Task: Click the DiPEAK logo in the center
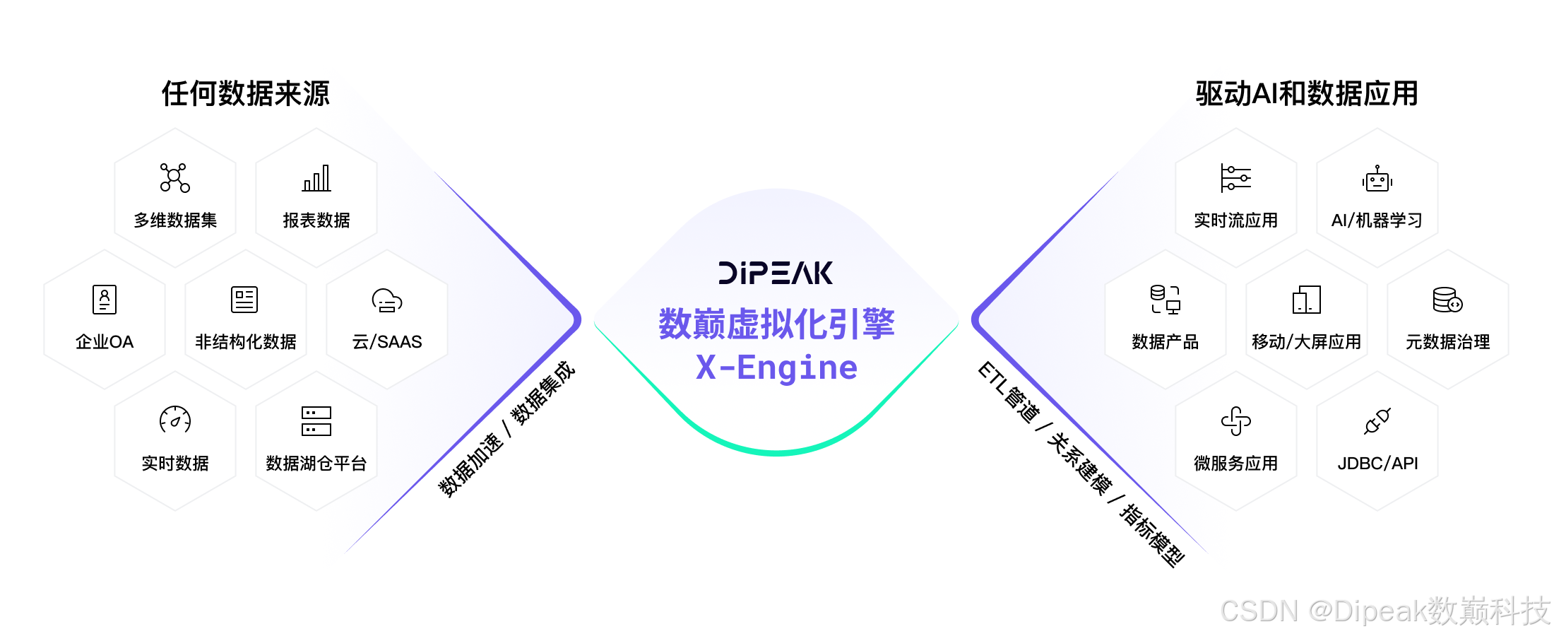pyautogui.click(x=776, y=273)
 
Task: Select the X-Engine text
pyautogui.click(x=776, y=367)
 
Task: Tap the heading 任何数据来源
pyautogui.click(x=245, y=93)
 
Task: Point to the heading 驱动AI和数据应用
pyautogui.click(x=1307, y=93)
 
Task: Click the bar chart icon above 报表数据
pyautogui.click(x=316, y=178)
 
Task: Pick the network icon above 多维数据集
pyautogui.click(x=174, y=178)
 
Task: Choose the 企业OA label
pyautogui.click(x=105, y=342)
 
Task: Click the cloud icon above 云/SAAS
pyautogui.click(x=387, y=300)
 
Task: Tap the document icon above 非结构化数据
pyautogui.click(x=244, y=300)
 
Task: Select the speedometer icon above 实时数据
pyautogui.click(x=175, y=420)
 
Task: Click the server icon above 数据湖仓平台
pyautogui.click(x=316, y=421)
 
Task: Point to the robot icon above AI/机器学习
pyautogui.click(x=1377, y=179)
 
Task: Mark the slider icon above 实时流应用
pyautogui.click(x=1235, y=178)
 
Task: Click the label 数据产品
pyautogui.click(x=1165, y=342)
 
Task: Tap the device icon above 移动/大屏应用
pyautogui.click(x=1307, y=300)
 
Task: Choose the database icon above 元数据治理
pyautogui.click(x=1447, y=300)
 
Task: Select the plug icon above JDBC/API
pyautogui.click(x=1377, y=421)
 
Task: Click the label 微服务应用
pyautogui.click(x=1235, y=464)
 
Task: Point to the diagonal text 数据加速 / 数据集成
pyautogui.click(x=506, y=430)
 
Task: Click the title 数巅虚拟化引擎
pyautogui.click(x=776, y=324)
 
